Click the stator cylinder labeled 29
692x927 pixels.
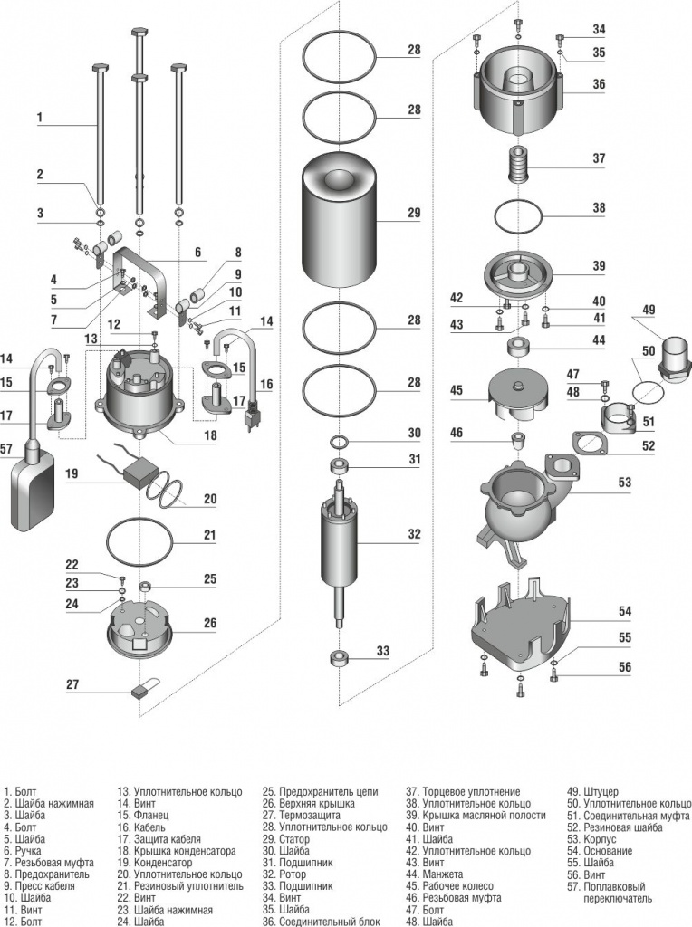pyautogui.click(x=338, y=222)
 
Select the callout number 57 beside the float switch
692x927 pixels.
pyautogui.click(x=7, y=448)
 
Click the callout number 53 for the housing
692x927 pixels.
pyautogui.click(x=625, y=483)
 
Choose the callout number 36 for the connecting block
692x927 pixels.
pyautogui.click(x=599, y=83)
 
